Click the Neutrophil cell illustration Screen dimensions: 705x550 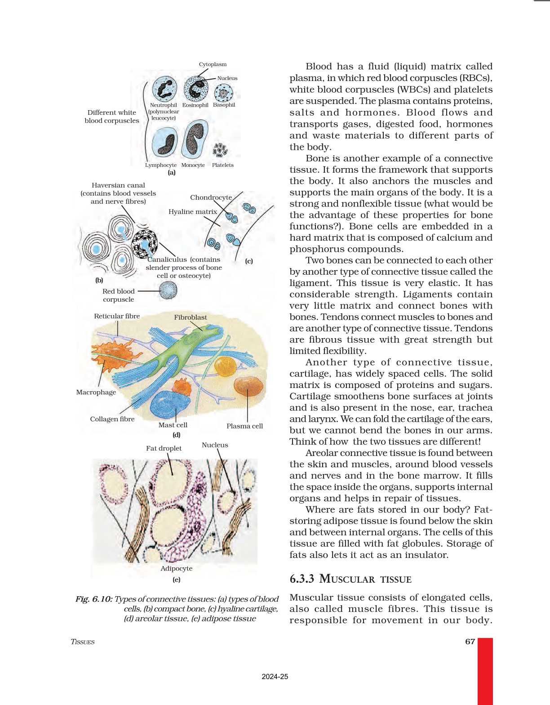[164, 88]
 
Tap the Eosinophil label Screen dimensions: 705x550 [195, 105]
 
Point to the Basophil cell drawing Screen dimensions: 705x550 [223, 93]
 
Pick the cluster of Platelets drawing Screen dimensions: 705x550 [220, 150]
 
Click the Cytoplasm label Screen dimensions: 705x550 [213, 64]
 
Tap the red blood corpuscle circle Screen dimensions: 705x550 [168, 290]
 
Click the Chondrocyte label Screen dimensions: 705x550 [211, 197]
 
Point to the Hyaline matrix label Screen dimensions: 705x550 [192, 211]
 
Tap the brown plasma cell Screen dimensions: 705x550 [248, 386]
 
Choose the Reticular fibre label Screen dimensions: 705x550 [117, 316]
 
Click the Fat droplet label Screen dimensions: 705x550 [164, 448]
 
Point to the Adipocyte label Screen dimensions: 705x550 [176, 568]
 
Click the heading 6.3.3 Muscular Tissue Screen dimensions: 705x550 [350, 579]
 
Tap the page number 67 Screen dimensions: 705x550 [470, 642]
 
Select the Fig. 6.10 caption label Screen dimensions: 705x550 [94, 599]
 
